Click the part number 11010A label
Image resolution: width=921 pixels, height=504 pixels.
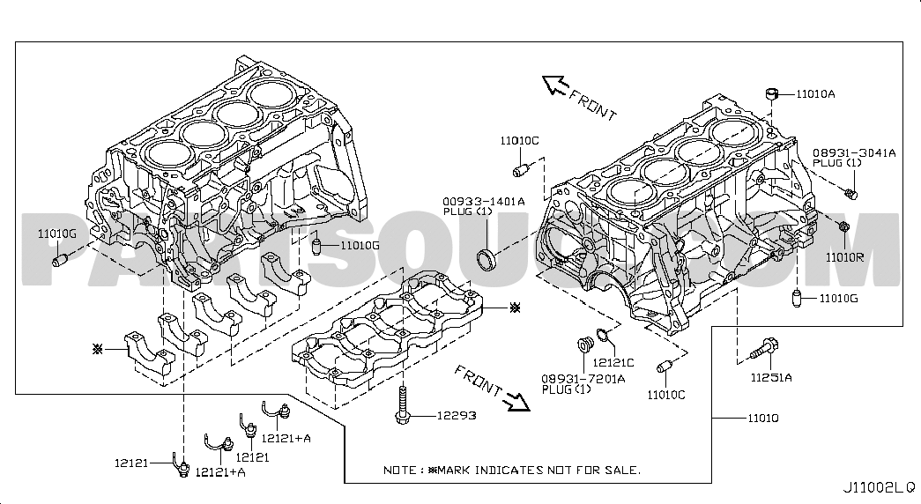816,94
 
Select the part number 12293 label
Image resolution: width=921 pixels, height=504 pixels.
457,416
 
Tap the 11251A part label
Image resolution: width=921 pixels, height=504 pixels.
771,378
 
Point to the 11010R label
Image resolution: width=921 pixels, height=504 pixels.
844,257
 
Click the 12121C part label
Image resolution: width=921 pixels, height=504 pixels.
613,363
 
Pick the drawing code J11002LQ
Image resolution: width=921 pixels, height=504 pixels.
880,487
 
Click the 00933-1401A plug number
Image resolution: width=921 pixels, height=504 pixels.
484,202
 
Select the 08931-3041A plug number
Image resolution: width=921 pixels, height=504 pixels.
854,152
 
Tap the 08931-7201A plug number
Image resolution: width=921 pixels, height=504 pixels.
583,379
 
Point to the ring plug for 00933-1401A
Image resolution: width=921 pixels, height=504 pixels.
486,260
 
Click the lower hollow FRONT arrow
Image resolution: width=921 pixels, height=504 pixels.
517,403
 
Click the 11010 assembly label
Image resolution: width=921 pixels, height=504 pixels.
763,419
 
